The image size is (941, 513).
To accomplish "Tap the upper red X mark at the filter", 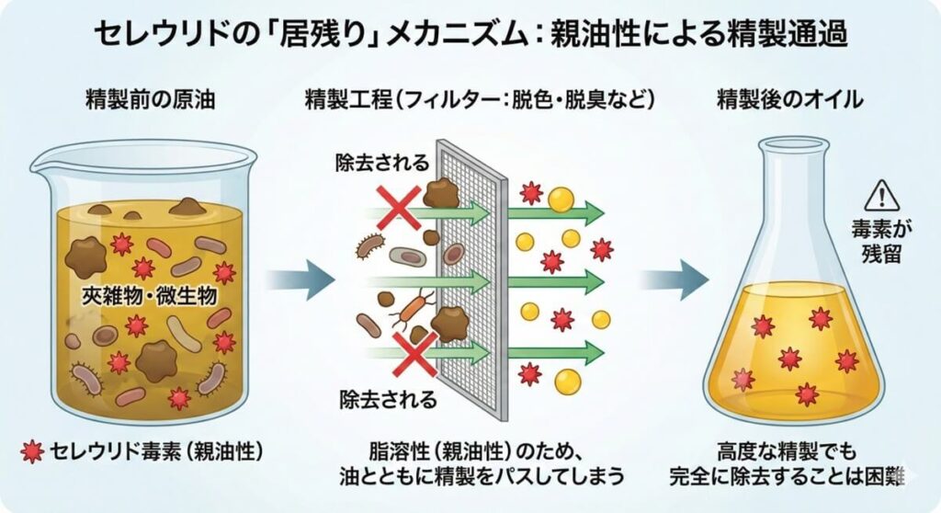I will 398,206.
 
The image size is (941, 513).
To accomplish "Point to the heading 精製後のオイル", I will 789,100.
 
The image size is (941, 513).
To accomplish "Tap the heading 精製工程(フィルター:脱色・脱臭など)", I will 479,100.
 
